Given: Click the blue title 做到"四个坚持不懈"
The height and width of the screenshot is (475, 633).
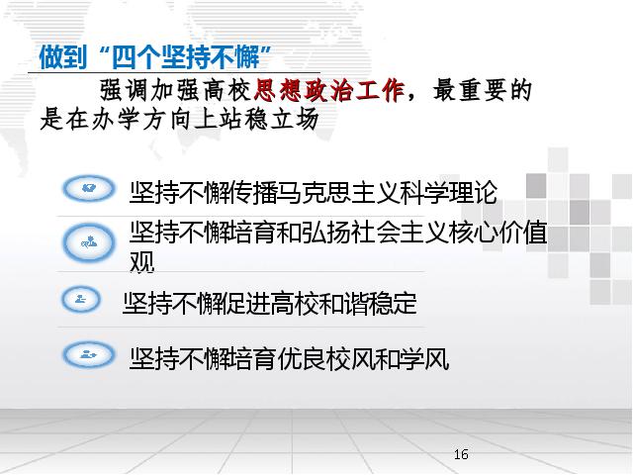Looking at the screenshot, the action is pyautogui.click(x=155, y=57).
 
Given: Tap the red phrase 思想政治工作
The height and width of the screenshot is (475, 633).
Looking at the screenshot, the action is pyautogui.click(x=329, y=90).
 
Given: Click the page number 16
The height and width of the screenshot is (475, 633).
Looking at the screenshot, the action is pyautogui.click(x=461, y=454).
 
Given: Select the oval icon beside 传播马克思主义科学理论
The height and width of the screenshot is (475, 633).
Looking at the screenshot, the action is pyautogui.click(x=89, y=188).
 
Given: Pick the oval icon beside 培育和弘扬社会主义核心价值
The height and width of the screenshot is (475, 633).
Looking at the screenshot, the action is pyautogui.click(x=89, y=242).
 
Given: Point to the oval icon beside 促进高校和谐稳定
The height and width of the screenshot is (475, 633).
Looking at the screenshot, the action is pyautogui.click(x=81, y=300).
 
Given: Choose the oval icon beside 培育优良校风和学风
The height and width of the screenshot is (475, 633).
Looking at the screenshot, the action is pyautogui.click(x=89, y=354).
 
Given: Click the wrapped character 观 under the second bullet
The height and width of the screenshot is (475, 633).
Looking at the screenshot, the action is pyautogui.click(x=142, y=261).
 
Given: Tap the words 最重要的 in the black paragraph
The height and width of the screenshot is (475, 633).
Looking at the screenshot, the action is pyautogui.click(x=482, y=90).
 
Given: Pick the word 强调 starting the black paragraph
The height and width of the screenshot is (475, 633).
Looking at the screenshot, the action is pyautogui.click(x=125, y=90).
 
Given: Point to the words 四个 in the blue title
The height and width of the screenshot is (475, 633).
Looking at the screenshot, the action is pyautogui.click(x=136, y=57).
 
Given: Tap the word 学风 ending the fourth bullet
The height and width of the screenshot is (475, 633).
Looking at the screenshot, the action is pyautogui.click(x=424, y=358).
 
